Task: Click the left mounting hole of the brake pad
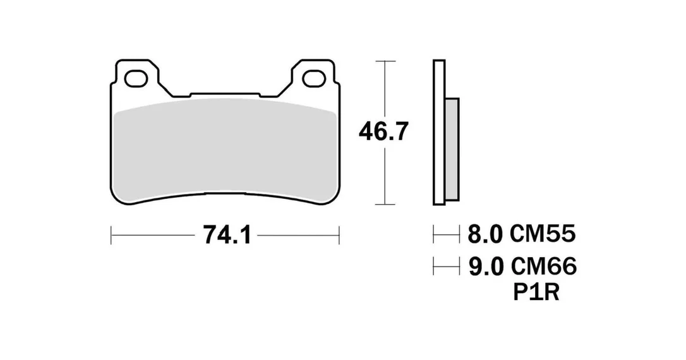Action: [135, 78]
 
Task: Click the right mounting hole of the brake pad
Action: [313, 78]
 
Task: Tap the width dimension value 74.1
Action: [227, 236]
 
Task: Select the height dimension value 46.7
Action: [383, 131]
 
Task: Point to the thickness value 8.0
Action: [485, 234]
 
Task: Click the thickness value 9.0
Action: [486, 266]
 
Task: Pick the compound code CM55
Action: [543, 234]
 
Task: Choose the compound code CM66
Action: [543, 266]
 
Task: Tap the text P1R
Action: [536, 293]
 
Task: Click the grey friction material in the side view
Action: [452, 149]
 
